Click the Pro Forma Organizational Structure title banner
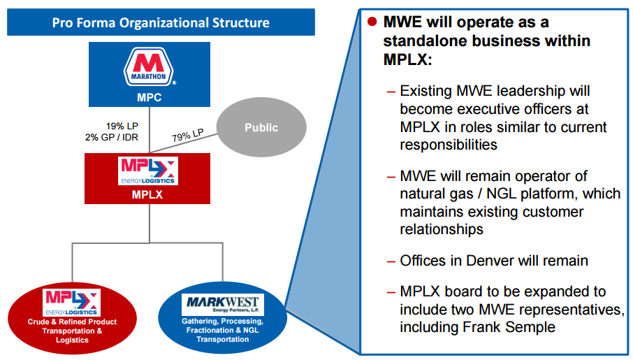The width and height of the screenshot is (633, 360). click(x=161, y=23)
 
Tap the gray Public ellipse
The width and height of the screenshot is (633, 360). click(x=261, y=128)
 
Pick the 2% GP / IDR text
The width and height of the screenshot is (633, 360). click(x=110, y=136)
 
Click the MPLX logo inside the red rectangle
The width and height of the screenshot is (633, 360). click(x=148, y=171)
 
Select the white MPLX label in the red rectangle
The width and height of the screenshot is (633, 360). click(x=147, y=194)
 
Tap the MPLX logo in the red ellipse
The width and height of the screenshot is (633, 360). click(x=72, y=302)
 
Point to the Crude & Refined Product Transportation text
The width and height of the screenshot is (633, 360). click(x=71, y=326)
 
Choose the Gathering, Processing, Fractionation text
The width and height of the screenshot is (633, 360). click(x=222, y=325)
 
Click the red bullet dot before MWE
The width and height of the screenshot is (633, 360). click(x=372, y=21)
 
